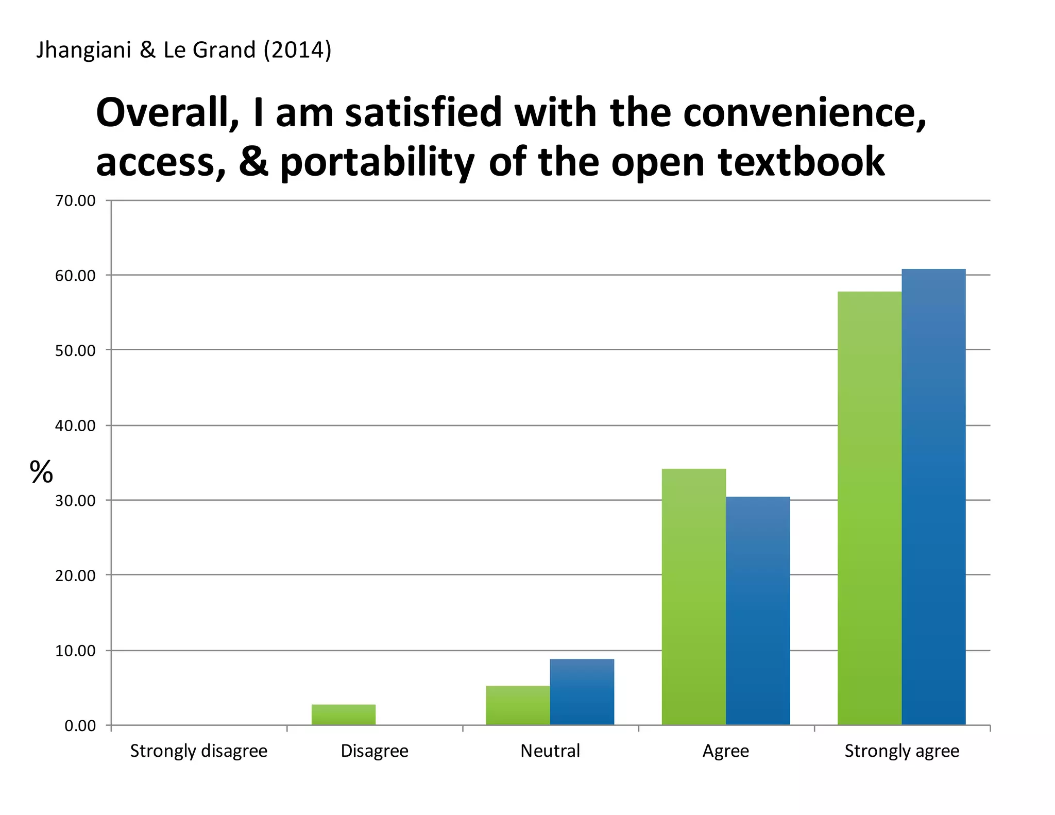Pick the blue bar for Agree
pyautogui.click(x=758, y=610)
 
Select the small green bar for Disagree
pyautogui.click(x=344, y=715)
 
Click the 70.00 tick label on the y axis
pyautogui.click(x=75, y=201)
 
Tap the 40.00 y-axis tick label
pyautogui.click(x=75, y=426)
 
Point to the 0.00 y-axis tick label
pyautogui.click(x=80, y=726)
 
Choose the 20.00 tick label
pyautogui.click(x=75, y=575)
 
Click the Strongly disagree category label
pyautogui.click(x=198, y=751)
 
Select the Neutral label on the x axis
pyautogui.click(x=550, y=751)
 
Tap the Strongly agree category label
pyautogui.click(x=901, y=751)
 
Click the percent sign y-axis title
pyautogui.click(x=41, y=472)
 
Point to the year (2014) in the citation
pyautogui.click(x=297, y=50)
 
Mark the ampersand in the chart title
pyautogui.click(x=253, y=161)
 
